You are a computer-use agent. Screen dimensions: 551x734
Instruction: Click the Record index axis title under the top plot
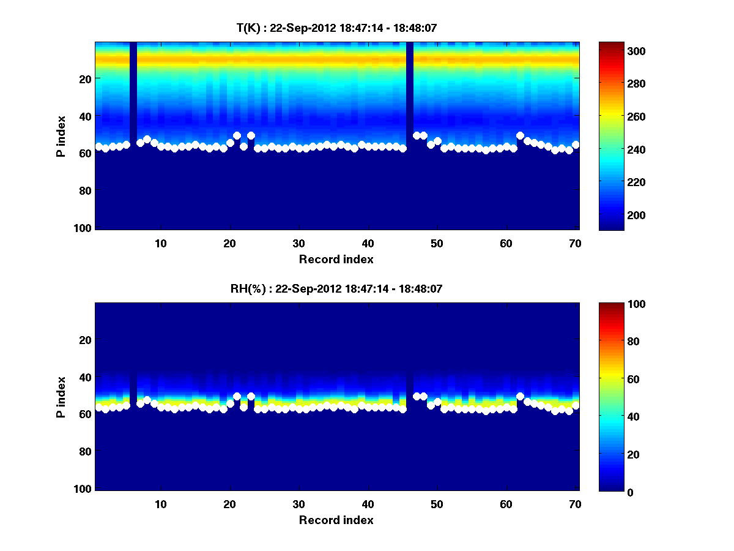click(336, 259)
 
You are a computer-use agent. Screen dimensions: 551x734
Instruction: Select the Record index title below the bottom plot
click(336, 520)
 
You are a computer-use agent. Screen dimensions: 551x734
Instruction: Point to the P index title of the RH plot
click(61, 397)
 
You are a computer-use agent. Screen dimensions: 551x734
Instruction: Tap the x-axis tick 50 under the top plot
click(437, 243)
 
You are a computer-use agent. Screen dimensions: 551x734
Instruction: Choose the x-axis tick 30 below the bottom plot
click(298, 504)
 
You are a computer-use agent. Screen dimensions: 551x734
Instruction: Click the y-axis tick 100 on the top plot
click(84, 228)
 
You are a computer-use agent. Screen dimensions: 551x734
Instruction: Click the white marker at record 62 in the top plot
click(520, 135)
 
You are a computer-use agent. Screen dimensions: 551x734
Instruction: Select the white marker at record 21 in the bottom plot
click(237, 396)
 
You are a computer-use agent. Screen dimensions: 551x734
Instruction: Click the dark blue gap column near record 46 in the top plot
click(410, 92)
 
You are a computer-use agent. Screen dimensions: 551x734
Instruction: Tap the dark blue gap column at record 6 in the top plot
click(133, 92)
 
